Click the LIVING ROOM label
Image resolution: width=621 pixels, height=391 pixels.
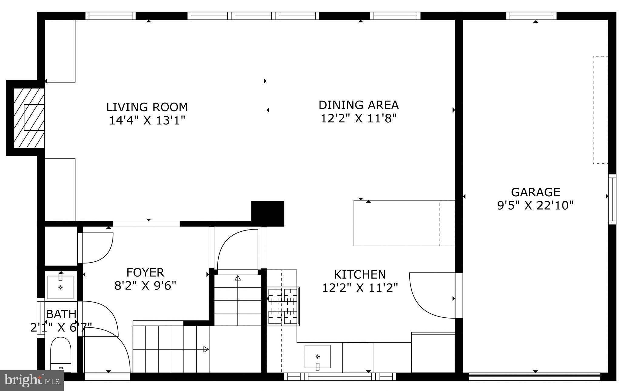pyautogui.click(x=147, y=107)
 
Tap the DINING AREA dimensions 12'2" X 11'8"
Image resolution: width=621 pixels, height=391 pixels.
pyautogui.click(x=358, y=118)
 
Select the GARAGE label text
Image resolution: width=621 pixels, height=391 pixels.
pyautogui.click(x=535, y=192)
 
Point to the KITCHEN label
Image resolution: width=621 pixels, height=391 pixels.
pyautogui.click(x=360, y=275)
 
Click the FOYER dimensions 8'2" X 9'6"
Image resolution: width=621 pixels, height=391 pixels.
pyautogui.click(x=145, y=286)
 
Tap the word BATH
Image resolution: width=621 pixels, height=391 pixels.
pyautogui.click(x=61, y=314)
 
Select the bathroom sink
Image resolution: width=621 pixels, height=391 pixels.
pyautogui.click(x=60, y=287)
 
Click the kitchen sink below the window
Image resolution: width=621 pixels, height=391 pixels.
pyautogui.click(x=317, y=356)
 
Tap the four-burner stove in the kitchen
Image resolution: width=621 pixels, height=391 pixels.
pyautogui.click(x=283, y=306)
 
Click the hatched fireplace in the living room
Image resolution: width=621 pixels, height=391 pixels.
pyautogui.click(x=29, y=118)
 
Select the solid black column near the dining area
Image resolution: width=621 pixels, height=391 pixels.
pyautogui.click(x=267, y=213)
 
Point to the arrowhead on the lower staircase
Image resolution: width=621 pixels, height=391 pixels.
pyautogui.click(x=206, y=349)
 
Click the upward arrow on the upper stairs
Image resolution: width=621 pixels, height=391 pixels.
pyautogui.click(x=237, y=278)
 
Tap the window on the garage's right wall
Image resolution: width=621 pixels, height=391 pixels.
pyautogui.click(x=612, y=199)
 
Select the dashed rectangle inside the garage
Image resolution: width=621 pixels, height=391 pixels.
pyautogui.click(x=600, y=110)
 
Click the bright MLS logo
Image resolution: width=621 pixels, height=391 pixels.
pyautogui.click(x=32, y=380)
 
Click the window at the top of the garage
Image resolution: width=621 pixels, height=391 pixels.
pyautogui.click(x=531, y=16)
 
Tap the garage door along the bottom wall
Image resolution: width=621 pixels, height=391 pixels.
pyautogui.click(x=534, y=377)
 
